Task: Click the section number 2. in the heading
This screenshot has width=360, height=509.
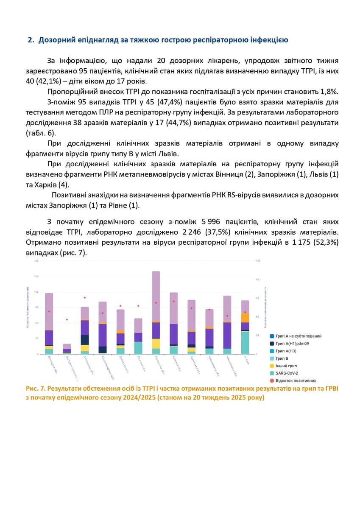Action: coord(30,40)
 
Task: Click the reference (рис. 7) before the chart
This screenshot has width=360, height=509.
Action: coord(76,252)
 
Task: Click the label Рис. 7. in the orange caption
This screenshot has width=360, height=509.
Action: coord(35,389)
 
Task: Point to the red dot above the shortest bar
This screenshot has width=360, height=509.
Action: coord(67,319)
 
